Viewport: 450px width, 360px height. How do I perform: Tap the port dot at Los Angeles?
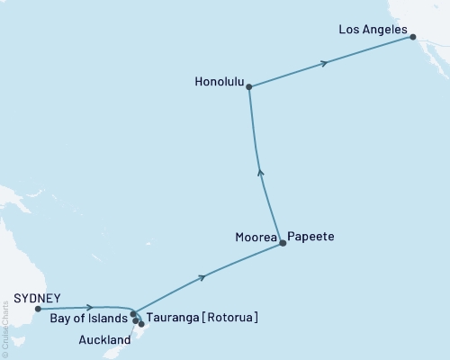pos(413,37)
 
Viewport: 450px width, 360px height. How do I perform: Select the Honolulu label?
pos(220,79)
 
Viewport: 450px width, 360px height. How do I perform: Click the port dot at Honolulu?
pos(249,87)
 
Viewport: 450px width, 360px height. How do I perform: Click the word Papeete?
pos(310,236)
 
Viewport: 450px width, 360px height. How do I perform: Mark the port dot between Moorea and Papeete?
pos(283,243)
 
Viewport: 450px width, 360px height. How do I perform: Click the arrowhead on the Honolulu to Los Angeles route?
pos(325,63)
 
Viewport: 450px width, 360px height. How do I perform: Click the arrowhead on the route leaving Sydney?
pos(90,308)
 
